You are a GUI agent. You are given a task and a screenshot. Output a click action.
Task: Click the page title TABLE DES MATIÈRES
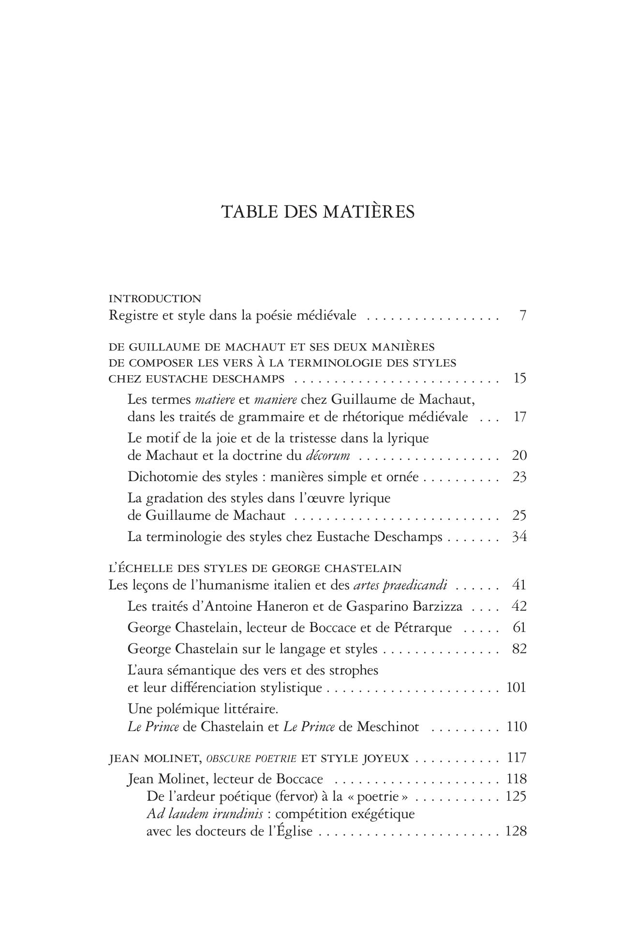coord(318,212)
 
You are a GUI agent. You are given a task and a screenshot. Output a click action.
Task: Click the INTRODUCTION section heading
coord(155,298)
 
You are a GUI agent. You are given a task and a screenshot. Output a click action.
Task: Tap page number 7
coord(522,316)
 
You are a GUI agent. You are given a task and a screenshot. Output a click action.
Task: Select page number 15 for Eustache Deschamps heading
coord(519,378)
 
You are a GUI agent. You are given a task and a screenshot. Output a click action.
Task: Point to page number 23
coord(519,477)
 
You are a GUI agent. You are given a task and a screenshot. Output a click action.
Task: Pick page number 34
coord(519,537)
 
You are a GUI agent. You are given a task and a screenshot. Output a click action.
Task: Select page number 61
coord(519,628)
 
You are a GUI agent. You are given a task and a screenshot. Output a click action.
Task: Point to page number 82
coord(519,649)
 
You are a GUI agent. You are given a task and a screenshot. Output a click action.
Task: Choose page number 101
coord(516,688)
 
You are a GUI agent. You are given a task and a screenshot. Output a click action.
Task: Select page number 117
coord(516,758)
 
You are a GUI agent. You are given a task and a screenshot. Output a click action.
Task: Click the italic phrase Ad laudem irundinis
coord(205,814)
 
